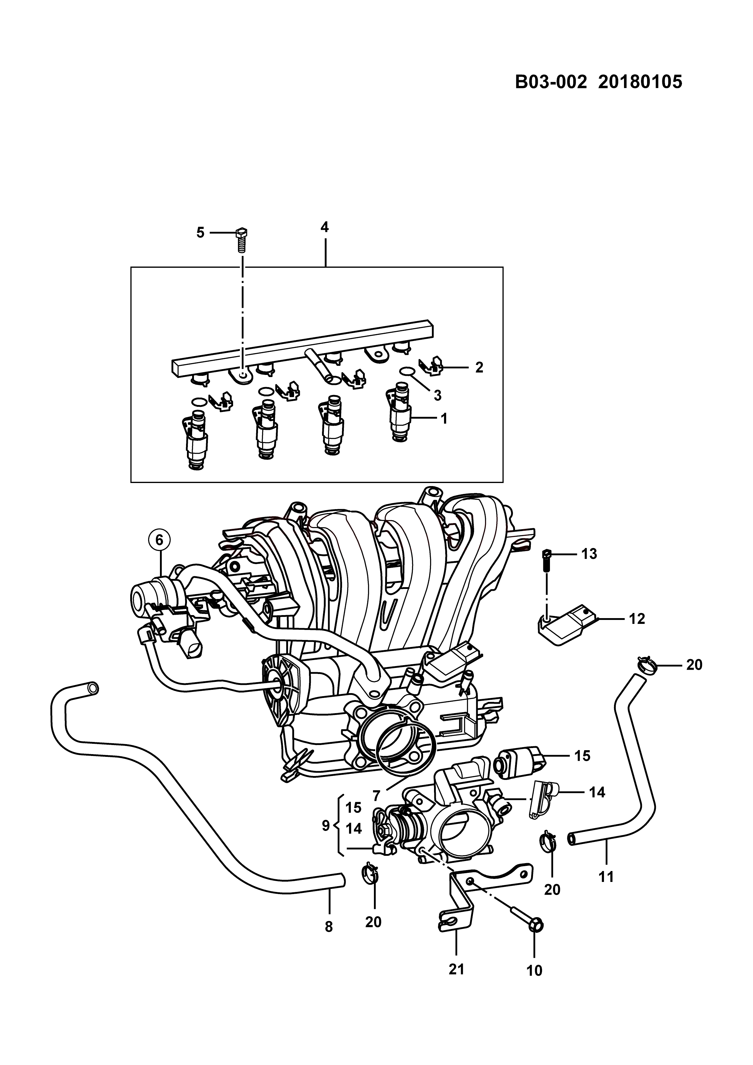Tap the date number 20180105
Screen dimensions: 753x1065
pyautogui.click(x=640, y=82)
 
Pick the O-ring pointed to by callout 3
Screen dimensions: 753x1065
pyautogui.click(x=407, y=371)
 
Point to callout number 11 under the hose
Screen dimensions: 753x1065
pyautogui.click(x=606, y=877)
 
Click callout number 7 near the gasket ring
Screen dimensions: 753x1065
pyautogui.click(x=376, y=796)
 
